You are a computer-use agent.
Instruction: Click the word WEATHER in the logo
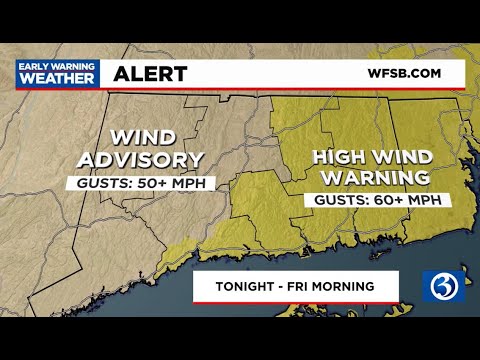coord(56,79)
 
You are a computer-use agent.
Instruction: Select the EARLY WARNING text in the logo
coord(56,66)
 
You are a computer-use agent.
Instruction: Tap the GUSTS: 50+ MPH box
coord(139,183)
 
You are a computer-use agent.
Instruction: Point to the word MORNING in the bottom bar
coord(342,287)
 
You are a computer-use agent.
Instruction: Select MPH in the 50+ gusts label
coord(189,183)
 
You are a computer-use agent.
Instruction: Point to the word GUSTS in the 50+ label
coord(102,183)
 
